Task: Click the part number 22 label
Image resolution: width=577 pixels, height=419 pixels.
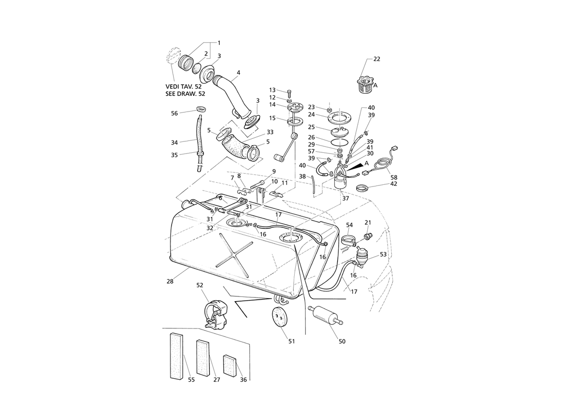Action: click(x=377, y=59)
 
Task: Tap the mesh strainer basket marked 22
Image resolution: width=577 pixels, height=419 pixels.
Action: click(x=365, y=84)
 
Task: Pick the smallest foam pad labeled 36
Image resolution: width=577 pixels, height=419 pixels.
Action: click(x=229, y=366)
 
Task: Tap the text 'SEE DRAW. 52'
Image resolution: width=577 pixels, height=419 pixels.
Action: click(x=186, y=94)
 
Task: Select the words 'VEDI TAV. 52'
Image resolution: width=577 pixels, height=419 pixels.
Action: click(x=184, y=86)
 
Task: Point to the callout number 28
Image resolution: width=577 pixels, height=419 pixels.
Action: click(x=169, y=282)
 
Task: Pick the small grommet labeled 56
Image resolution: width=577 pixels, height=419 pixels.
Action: click(x=201, y=109)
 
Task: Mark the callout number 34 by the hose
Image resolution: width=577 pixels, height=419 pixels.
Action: click(x=175, y=142)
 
